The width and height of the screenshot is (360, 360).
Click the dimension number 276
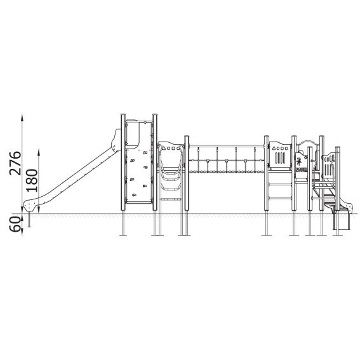tap(15, 163)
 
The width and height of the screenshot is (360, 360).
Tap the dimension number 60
tap(15, 225)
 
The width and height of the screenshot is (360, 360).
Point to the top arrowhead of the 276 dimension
tap(22, 117)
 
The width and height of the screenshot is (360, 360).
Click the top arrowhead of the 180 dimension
tap(39, 152)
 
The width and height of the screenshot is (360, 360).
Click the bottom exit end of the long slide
tap(29, 205)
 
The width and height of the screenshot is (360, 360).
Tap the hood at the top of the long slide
tap(116, 140)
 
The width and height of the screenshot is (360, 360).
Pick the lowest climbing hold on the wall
tap(135, 195)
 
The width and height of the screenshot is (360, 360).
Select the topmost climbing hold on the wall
tap(145, 152)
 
